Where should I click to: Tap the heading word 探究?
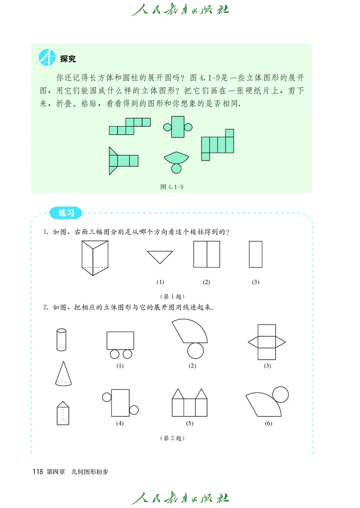(68, 59)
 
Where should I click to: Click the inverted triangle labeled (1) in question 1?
(160, 257)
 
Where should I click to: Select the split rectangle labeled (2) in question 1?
(207, 254)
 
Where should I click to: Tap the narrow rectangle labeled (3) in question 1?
(256, 254)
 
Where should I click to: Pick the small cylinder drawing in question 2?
(61, 339)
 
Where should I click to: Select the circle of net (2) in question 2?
(195, 349)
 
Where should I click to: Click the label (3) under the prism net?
(267, 366)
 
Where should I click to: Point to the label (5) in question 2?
(189, 423)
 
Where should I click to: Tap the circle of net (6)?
(281, 394)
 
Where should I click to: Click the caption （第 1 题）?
(172, 296)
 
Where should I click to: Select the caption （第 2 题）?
(172, 438)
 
